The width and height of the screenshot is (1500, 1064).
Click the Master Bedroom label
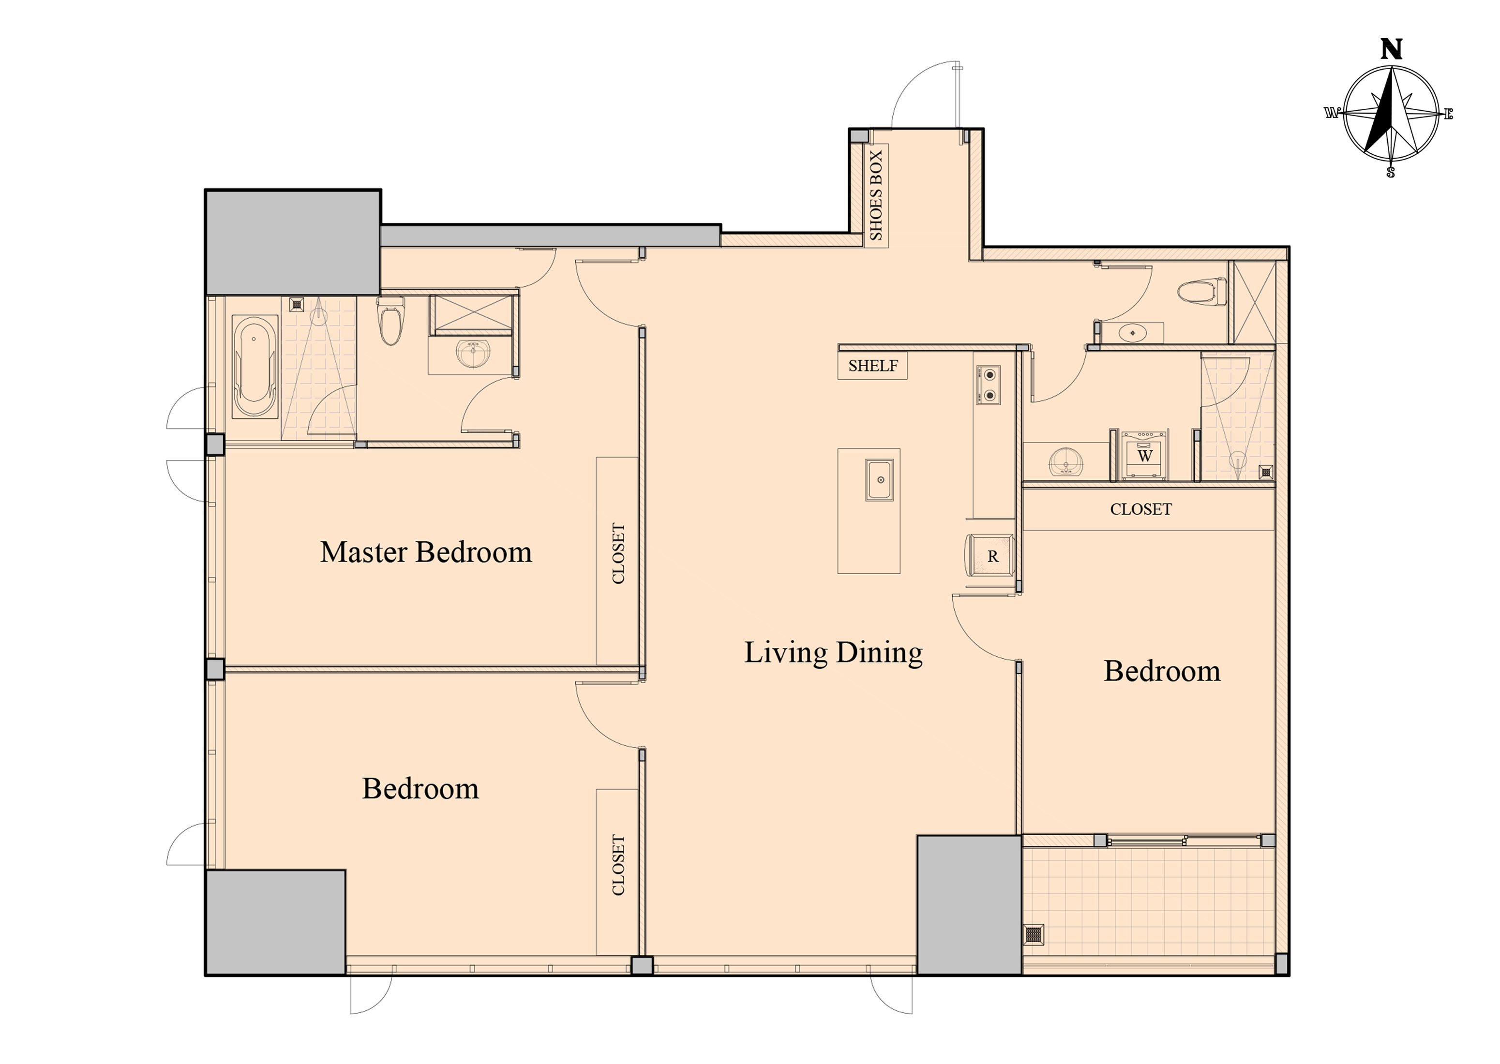tap(426, 552)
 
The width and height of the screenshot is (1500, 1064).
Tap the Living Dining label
tap(834, 652)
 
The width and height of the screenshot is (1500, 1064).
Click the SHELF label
tap(873, 366)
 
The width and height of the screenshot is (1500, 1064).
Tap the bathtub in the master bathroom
tap(254, 367)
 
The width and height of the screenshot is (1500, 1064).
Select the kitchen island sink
tap(879, 480)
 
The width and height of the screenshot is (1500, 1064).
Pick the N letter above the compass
tap(1391, 50)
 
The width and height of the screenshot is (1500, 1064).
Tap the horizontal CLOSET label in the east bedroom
tap(1141, 509)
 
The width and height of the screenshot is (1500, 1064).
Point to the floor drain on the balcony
tap(1034, 933)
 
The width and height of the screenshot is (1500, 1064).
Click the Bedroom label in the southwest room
tap(420, 788)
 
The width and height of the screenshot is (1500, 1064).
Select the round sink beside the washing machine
tap(1066, 461)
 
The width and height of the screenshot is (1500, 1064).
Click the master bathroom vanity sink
tap(473, 354)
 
